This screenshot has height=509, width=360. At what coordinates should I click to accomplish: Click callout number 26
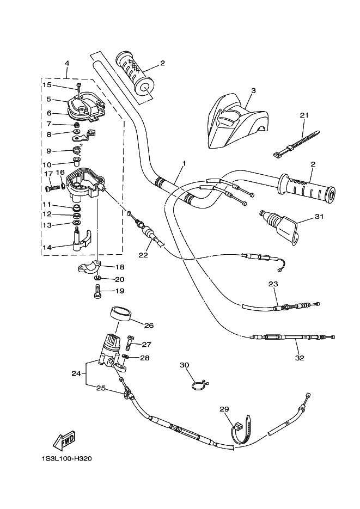(x=149, y=326)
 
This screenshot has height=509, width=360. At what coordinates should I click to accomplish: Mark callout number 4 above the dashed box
(x=66, y=63)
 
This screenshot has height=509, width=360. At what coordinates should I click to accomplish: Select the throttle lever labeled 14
(x=80, y=240)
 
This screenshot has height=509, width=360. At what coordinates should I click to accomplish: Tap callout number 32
(x=299, y=358)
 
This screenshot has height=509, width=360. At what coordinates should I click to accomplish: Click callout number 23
(x=273, y=284)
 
